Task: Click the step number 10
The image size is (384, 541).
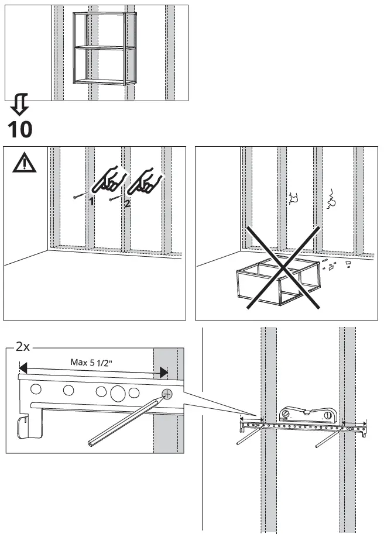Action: [x=20, y=129]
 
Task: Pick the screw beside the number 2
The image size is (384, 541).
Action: [x=116, y=198]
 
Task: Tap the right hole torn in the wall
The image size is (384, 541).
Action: [x=332, y=199]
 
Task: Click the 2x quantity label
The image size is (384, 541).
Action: [x=22, y=347]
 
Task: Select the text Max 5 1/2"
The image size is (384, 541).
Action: [x=92, y=362]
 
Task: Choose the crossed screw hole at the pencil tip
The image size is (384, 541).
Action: [x=167, y=394]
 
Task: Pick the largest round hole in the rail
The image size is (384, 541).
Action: [x=118, y=392]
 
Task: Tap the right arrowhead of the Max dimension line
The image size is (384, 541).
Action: [x=163, y=371]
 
